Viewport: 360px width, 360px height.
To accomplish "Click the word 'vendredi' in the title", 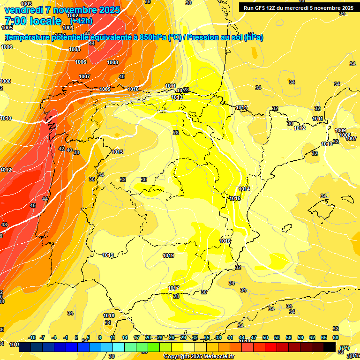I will coord(24,9).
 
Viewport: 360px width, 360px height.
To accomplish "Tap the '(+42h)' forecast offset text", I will coord(81,21).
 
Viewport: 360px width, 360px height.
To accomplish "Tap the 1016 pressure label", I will coord(225,241).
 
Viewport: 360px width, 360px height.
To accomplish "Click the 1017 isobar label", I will coord(173,288).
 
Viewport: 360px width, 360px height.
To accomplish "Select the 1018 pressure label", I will coord(109,315).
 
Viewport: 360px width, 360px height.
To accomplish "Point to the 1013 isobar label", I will coord(176,97).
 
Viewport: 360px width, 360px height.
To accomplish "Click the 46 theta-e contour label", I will coord(33,206).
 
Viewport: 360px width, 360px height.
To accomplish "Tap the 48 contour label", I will coord(4,225).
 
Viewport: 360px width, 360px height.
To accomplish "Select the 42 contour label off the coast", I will coord(61,149).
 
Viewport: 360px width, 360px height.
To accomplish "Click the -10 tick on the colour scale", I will coord(32,337).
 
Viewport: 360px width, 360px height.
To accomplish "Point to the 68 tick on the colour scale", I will coord(336,337).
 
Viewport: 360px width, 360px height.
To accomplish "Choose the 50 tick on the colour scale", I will coord(265,337).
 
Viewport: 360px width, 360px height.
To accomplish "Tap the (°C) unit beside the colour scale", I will coord(345,347).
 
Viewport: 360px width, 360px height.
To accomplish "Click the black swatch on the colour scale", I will coord(330,347).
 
